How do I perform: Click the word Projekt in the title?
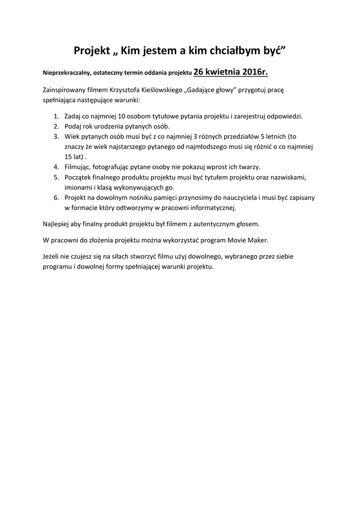tap(93, 51)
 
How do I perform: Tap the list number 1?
tap(56, 117)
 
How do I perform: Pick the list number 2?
tap(56, 127)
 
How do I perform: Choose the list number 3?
tap(56, 136)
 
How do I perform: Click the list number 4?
tap(56, 167)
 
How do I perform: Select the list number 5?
tap(56, 177)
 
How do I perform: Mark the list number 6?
tap(56, 197)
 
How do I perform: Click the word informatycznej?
tap(215, 207)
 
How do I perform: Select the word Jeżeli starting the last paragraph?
tap(52, 256)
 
